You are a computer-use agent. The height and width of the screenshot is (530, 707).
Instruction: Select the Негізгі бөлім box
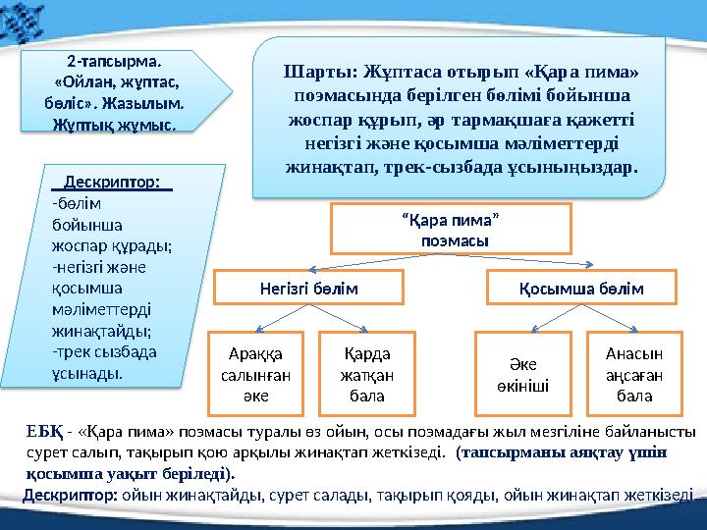[x=308, y=290]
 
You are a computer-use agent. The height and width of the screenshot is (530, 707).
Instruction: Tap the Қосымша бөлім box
[x=580, y=290]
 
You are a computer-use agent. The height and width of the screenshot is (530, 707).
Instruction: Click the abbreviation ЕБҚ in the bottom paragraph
[x=43, y=432]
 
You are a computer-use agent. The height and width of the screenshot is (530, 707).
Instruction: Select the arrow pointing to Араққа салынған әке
[x=280, y=318]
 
